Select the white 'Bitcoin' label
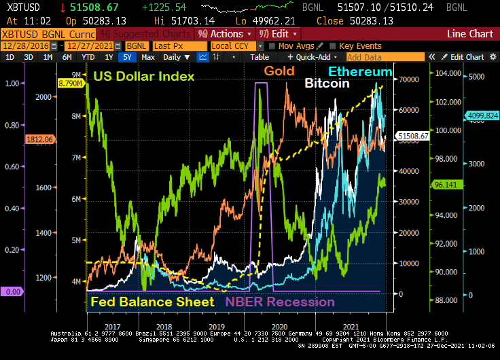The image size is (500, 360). point(327,84)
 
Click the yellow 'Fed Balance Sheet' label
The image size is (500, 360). point(152,302)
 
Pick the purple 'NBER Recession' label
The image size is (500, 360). point(280,302)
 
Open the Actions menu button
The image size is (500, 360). point(224,33)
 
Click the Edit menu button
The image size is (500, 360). point(281,33)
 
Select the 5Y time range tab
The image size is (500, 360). point(126,57)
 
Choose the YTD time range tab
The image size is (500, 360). point(88,57)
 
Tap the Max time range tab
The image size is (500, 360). point(148,57)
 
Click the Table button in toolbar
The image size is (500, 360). point(260,57)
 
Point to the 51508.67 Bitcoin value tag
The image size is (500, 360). point(414,136)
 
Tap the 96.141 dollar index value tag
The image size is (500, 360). point(443,183)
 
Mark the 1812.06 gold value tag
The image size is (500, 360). point(39,139)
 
